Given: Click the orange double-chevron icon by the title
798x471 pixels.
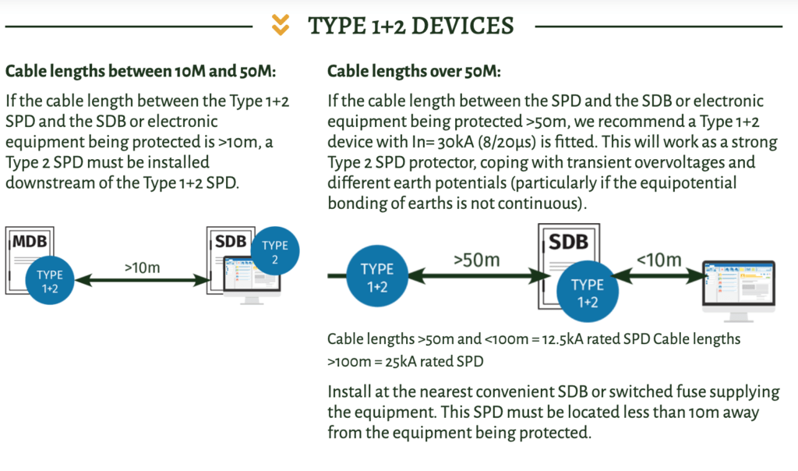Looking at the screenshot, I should [x=281, y=26].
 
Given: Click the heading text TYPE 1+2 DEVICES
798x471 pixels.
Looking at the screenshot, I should [x=411, y=26].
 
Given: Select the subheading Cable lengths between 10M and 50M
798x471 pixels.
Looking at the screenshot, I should [x=141, y=72].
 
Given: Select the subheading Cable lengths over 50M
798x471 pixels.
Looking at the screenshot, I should [x=414, y=72].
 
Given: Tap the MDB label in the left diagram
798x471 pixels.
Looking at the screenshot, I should [x=30, y=242].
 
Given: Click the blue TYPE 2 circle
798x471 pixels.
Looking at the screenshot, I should [x=274, y=251].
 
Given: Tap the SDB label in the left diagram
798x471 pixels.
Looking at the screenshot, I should [x=231, y=242].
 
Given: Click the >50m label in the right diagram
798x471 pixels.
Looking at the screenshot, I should [x=477, y=259].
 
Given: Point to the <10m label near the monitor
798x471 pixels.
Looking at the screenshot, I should [x=659, y=259].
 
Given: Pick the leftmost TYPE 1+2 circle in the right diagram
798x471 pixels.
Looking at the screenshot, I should [x=376, y=277].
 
